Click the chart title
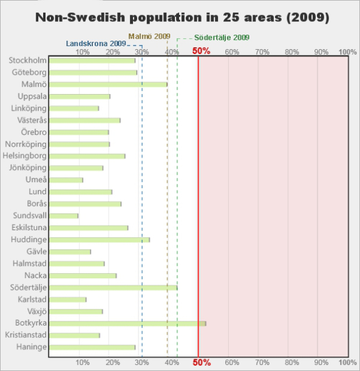coord(182,17)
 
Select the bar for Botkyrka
coord(127,324)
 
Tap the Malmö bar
coord(108,84)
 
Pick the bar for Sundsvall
coord(64,216)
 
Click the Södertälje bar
coord(113,288)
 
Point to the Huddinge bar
coord(100,240)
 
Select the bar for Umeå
coord(66,180)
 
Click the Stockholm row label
coord(28,60)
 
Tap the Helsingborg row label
coord(25,156)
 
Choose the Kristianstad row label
coord(25,335)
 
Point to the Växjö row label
coord(37,311)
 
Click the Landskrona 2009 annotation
coord(96,44)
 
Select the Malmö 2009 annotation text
coord(149,36)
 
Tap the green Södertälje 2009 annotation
coord(222,38)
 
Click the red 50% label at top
coord(201,51)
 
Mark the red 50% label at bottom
coord(202,362)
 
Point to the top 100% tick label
coord(347,52)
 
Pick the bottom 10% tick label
coord(83,362)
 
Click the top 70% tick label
coord(262,52)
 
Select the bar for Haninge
coord(92,347)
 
